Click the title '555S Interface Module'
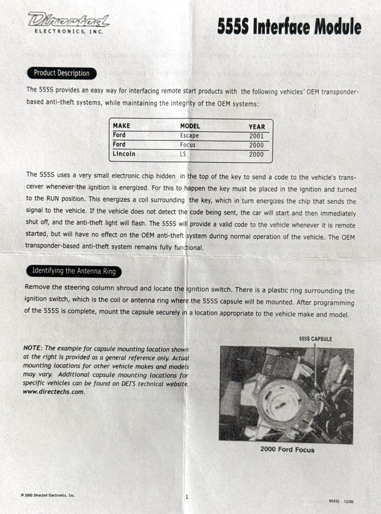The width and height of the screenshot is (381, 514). click(x=289, y=26)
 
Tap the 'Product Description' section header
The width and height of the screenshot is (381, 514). click(x=62, y=73)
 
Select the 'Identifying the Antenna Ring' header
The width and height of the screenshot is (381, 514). click(x=74, y=270)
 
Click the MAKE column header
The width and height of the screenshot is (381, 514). click(x=121, y=126)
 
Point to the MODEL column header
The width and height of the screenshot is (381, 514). click(x=190, y=126)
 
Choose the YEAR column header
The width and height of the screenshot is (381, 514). click(x=257, y=126)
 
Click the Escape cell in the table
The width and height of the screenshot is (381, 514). click(x=189, y=136)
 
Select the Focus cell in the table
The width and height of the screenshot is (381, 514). click(x=187, y=145)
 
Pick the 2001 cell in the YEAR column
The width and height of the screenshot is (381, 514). click(x=256, y=136)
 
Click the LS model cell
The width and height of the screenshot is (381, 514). click(x=183, y=154)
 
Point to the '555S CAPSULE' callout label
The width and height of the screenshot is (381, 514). click(x=315, y=339)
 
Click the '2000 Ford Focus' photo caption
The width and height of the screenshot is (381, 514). click(x=287, y=450)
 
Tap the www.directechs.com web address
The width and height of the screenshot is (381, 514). click(x=53, y=392)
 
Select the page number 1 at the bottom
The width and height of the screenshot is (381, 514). click(x=187, y=497)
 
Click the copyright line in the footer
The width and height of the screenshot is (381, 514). click(x=48, y=495)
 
